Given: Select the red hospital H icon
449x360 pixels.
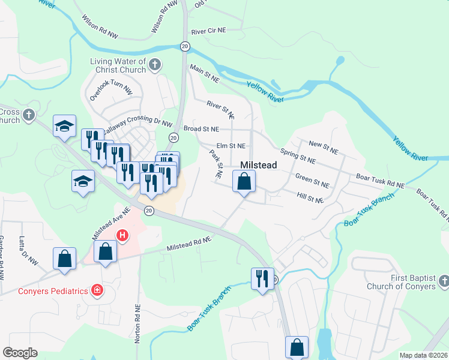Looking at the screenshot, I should tap(122, 236).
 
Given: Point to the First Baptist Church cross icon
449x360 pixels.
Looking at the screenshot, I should tap(444, 281).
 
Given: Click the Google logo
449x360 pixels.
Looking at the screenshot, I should tap(20, 353).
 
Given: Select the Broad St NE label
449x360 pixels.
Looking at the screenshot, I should tap(201, 129).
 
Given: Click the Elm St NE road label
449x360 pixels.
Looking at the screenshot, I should tap(231, 146).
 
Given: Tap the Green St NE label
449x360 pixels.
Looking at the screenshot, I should tap(312, 181).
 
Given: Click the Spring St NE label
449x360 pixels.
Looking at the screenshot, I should tap(298, 157).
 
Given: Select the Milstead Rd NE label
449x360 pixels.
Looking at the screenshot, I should tap(189, 243).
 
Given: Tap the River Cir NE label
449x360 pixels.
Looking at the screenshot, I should tap(208, 30).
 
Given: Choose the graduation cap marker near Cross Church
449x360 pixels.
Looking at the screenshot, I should tap(64, 126).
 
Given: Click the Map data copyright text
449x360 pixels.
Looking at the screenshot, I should tap(423, 355).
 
